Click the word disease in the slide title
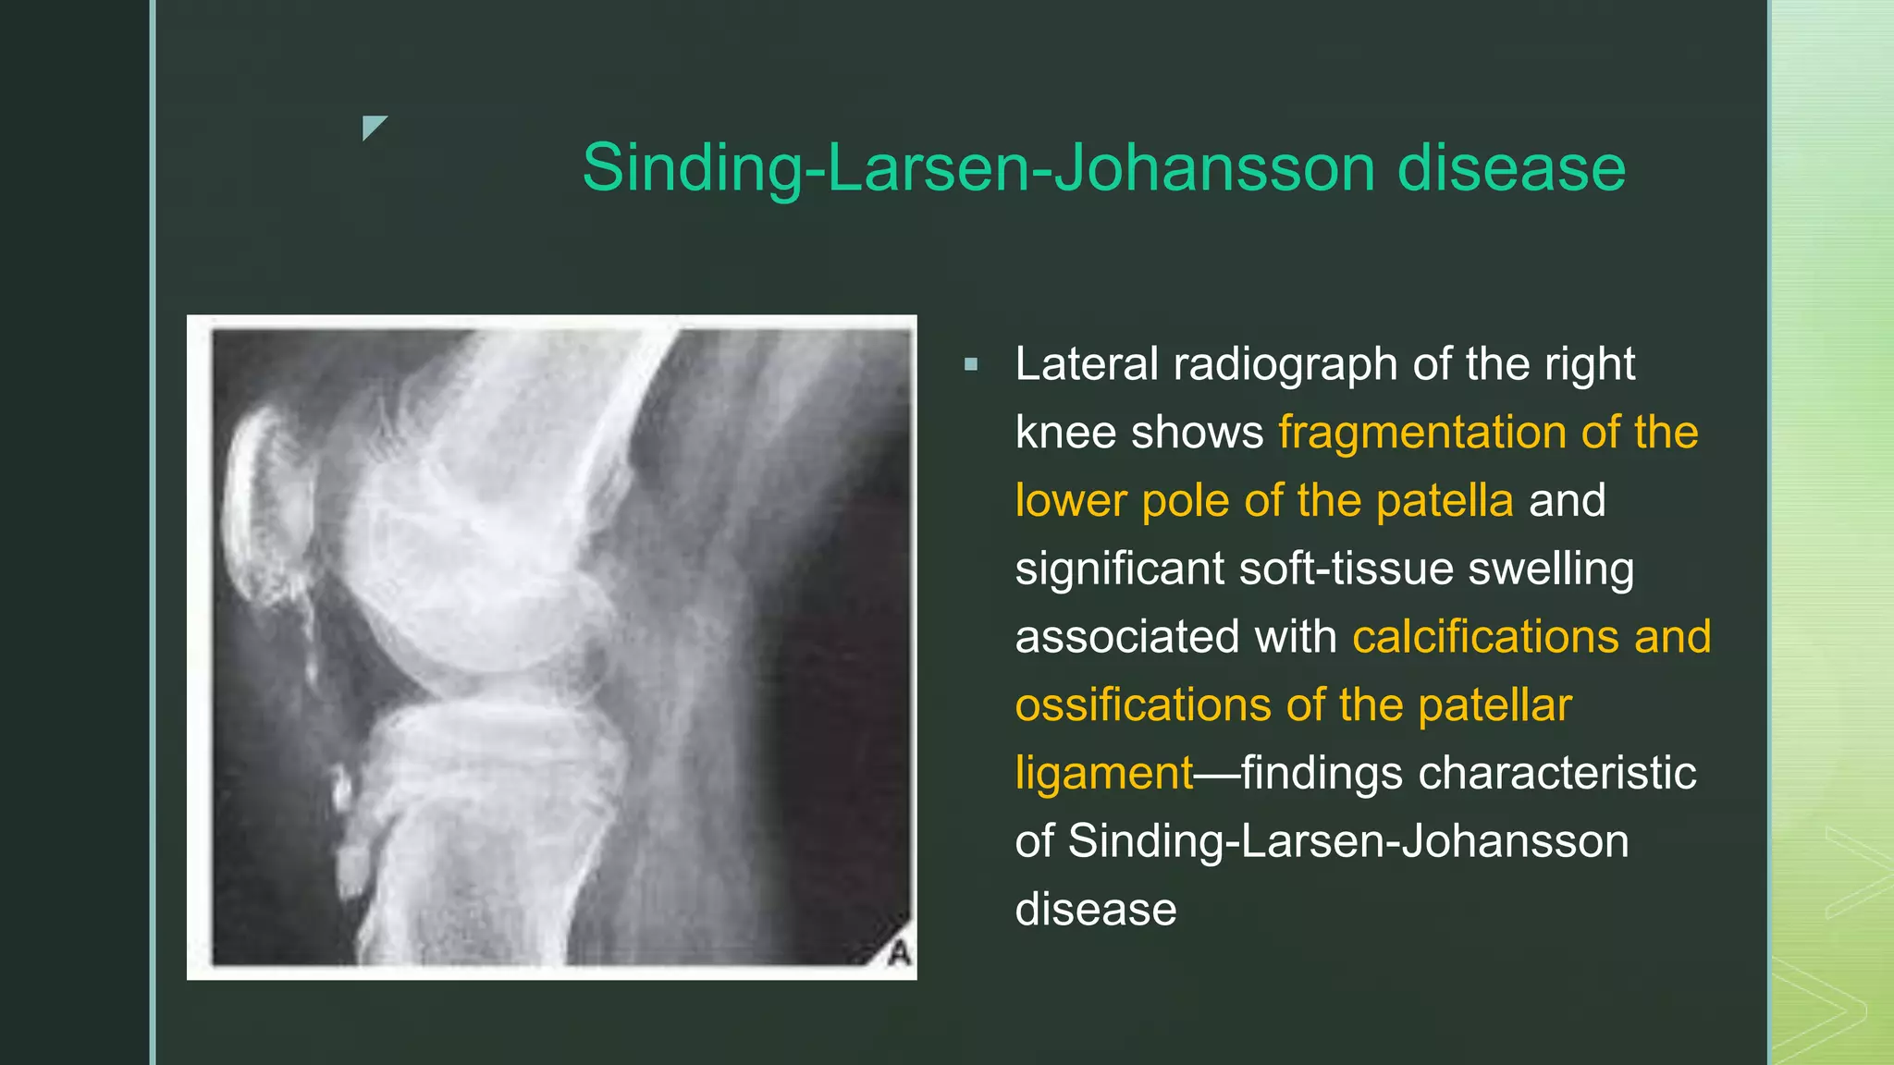click(1510, 168)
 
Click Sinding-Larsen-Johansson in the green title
click(979, 168)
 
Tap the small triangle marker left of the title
click(373, 127)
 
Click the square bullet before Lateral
click(970, 365)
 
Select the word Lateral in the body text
click(1086, 364)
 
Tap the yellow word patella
click(1444, 501)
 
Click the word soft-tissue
click(1346, 569)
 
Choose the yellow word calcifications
click(1484, 637)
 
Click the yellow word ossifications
click(1142, 705)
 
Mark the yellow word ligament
click(1104, 774)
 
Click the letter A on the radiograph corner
click(899, 952)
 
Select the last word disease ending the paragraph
click(1095, 910)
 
